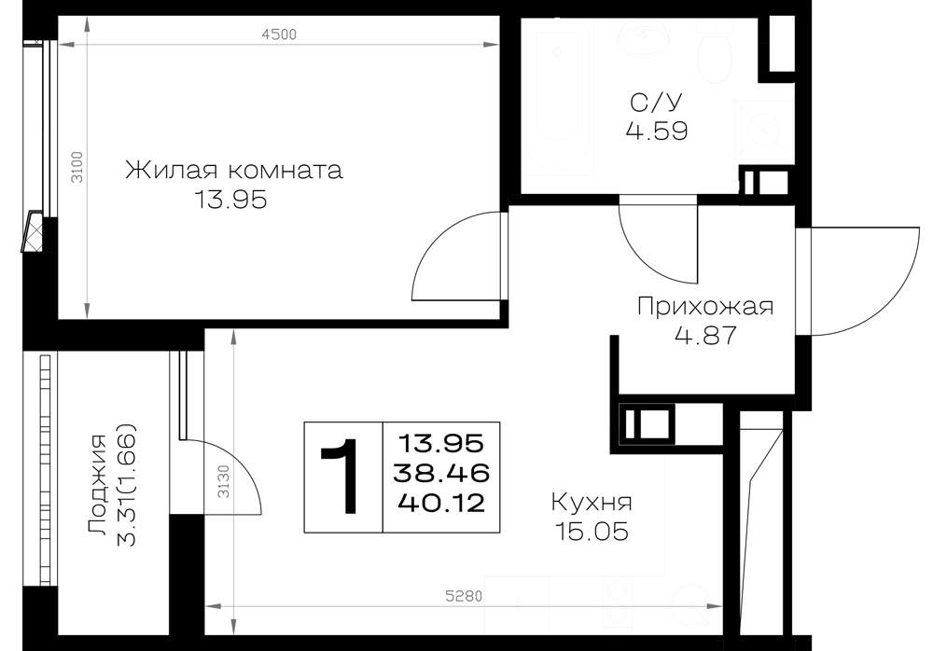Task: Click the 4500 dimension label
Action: click(279, 34)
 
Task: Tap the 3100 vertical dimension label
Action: click(77, 167)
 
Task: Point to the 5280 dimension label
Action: click(464, 596)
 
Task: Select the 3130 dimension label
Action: click(223, 481)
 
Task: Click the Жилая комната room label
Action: click(234, 170)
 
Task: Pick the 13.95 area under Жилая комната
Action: click(230, 200)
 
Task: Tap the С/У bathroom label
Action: click(656, 103)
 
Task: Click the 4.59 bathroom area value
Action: click(657, 131)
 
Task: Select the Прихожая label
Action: click(705, 307)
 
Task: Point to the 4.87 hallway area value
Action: click(705, 336)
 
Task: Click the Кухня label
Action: click(592, 503)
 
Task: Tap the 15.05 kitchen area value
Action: click(592, 531)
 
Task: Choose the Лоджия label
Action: click(97, 485)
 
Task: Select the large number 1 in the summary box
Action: click(340, 476)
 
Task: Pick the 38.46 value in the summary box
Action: click(441, 473)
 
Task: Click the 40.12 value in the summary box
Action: click(441, 504)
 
